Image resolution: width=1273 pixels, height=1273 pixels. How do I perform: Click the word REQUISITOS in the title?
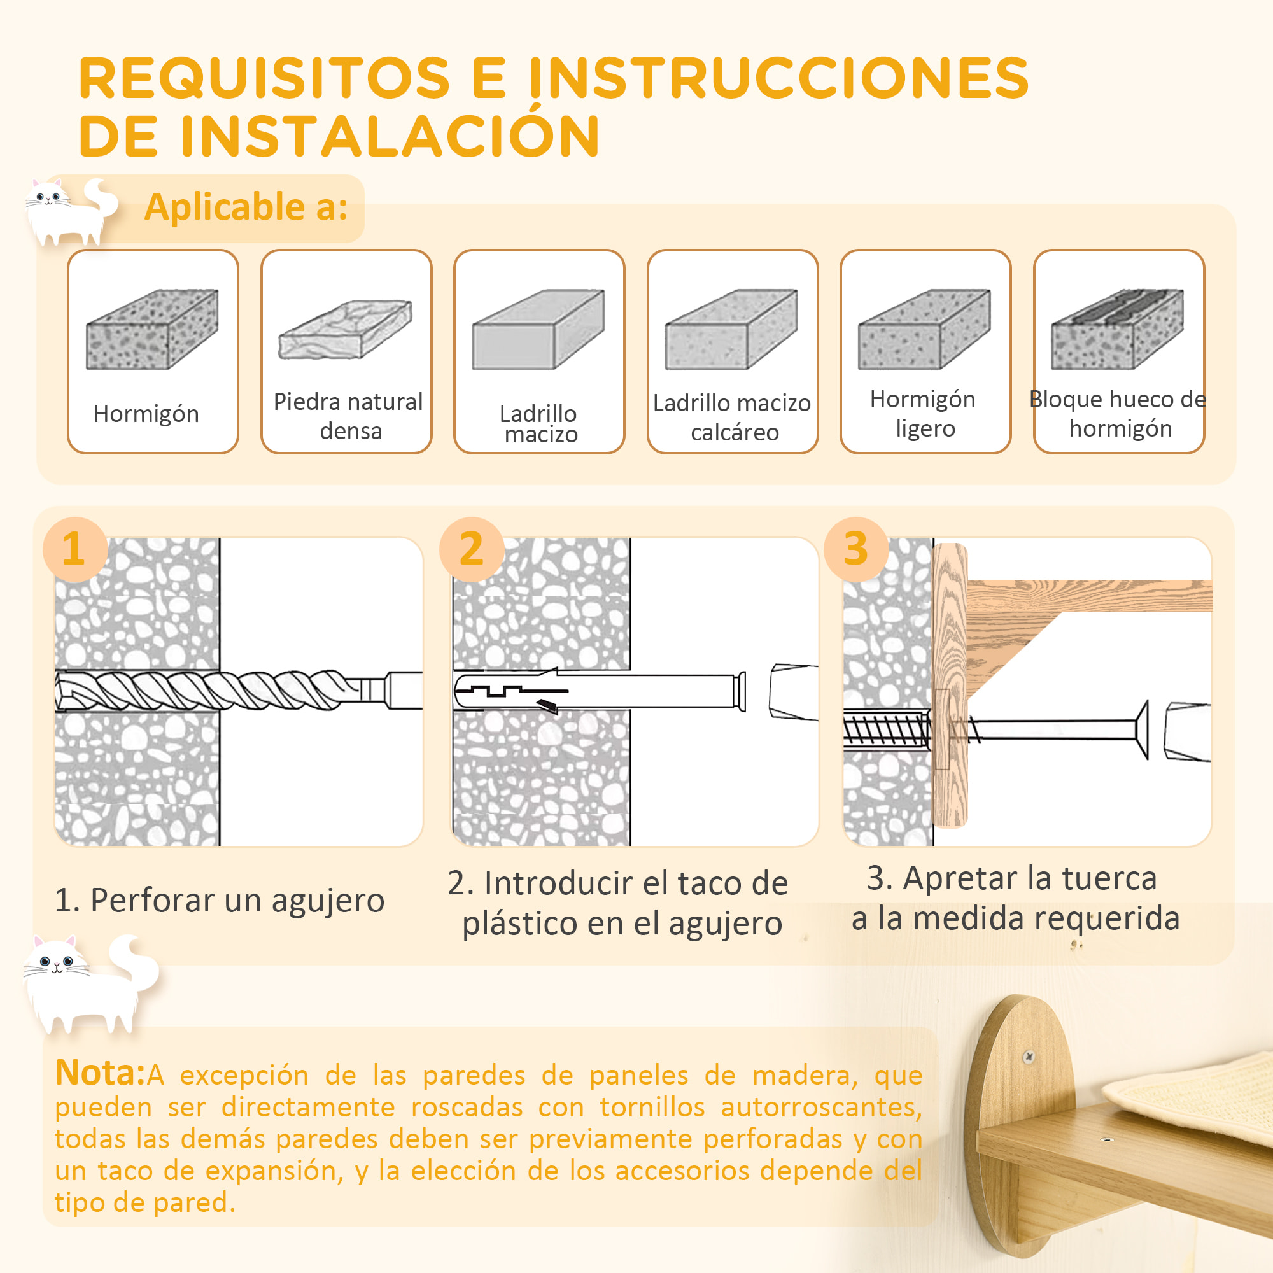tap(264, 78)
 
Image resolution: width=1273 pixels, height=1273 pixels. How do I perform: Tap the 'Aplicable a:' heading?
tap(246, 207)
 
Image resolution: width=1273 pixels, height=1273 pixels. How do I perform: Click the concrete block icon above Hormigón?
tap(152, 329)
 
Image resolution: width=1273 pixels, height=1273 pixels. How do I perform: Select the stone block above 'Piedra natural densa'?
tap(345, 329)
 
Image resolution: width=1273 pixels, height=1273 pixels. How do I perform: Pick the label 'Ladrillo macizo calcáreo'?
tap(732, 417)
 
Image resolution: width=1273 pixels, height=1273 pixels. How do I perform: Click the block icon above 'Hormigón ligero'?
tap(924, 329)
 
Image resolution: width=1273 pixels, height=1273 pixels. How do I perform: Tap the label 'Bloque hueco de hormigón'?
tap(1118, 414)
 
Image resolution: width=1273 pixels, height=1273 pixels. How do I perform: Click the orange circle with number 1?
tap(74, 549)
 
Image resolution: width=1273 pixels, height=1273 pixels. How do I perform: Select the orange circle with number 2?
tap(471, 549)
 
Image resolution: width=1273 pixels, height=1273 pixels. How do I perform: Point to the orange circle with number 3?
tap(855, 549)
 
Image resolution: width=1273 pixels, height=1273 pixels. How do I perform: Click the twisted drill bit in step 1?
tap(218, 690)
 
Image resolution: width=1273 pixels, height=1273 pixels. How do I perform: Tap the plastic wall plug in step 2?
tap(593, 691)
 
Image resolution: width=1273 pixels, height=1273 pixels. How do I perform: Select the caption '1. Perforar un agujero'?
tap(220, 900)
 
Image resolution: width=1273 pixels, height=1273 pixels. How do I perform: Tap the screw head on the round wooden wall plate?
tap(1029, 1057)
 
